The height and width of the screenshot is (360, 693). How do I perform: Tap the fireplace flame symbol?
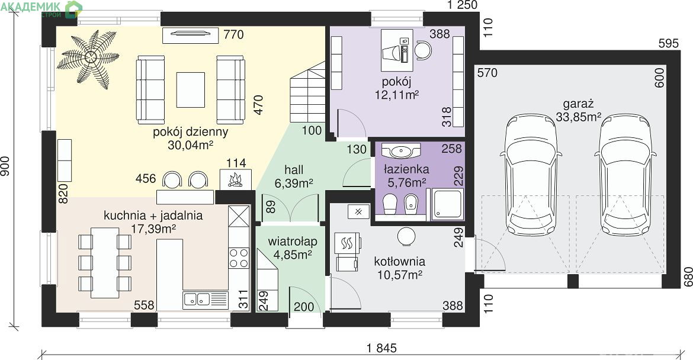(x=235, y=179)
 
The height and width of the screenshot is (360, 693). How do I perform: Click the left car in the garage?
(x=531, y=175)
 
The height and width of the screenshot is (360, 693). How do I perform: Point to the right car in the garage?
(x=625, y=175)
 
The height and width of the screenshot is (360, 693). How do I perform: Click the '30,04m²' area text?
(x=191, y=145)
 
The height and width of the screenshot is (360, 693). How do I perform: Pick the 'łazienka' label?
(x=406, y=169)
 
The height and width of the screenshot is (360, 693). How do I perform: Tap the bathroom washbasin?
(x=400, y=150)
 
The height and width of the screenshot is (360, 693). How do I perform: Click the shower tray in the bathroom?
(x=447, y=204)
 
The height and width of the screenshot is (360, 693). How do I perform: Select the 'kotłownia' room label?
(x=400, y=262)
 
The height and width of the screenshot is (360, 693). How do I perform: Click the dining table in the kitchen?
(x=105, y=263)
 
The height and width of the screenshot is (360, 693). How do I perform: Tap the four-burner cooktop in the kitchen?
(x=239, y=258)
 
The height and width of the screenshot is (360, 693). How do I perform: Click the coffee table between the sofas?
(x=191, y=90)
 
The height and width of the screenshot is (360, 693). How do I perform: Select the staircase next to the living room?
(x=307, y=93)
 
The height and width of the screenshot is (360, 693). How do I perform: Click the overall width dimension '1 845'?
(x=381, y=348)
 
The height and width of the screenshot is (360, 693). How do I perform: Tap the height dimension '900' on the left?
(x=5, y=166)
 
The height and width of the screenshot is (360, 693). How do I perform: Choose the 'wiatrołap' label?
(x=293, y=242)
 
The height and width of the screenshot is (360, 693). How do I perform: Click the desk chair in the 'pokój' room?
(x=423, y=50)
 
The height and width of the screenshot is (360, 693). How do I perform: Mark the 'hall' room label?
(x=294, y=170)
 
